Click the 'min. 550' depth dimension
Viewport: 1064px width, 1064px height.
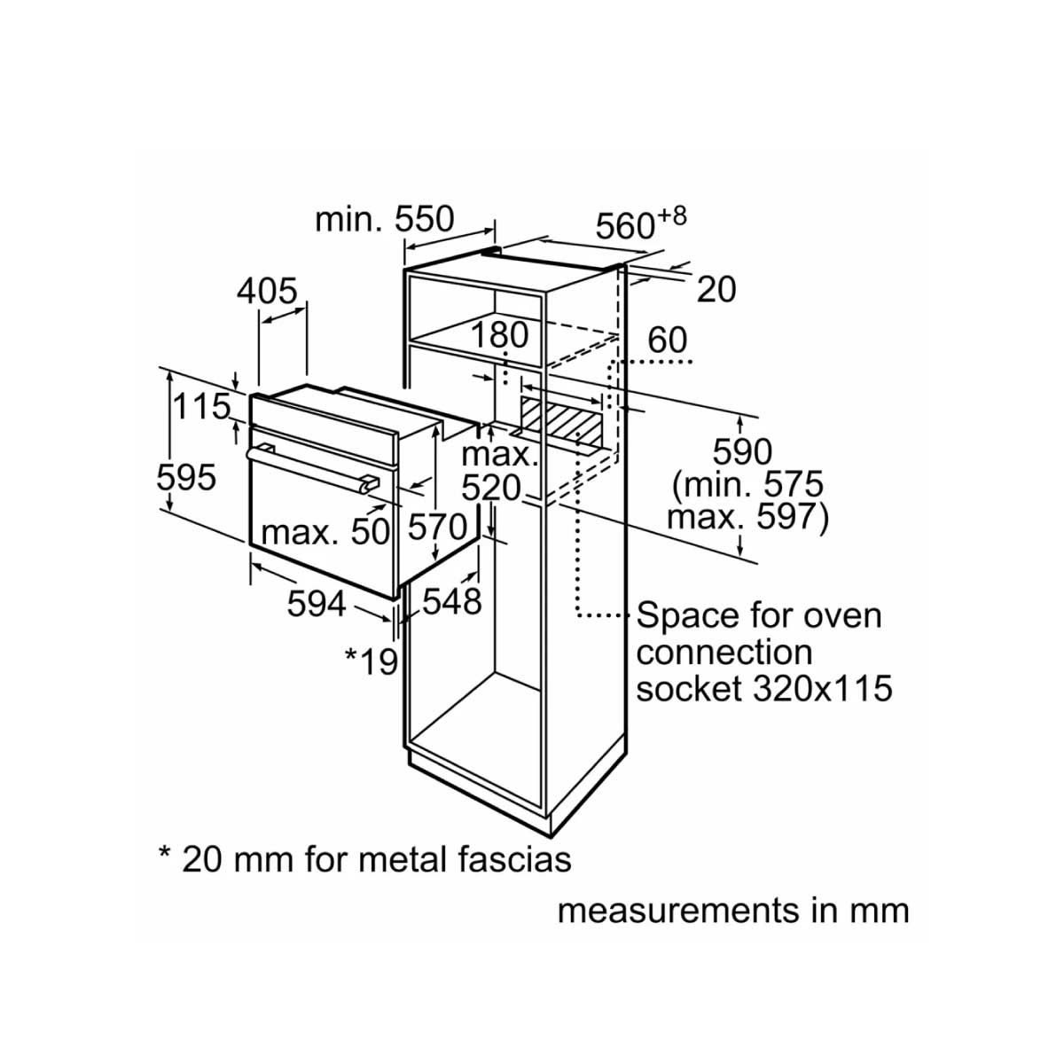[x=384, y=219]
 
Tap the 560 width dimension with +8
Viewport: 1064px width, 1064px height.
[x=641, y=223]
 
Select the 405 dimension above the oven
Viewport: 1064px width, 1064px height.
[x=267, y=291]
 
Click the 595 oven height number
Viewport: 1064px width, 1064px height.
[x=186, y=478]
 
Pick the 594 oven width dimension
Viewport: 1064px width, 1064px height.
[x=317, y=604]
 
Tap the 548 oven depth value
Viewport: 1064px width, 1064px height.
[x=452, y=601]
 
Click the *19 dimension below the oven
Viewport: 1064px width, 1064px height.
[x=371, y=661]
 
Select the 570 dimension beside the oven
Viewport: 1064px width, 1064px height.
[x=438, y=527]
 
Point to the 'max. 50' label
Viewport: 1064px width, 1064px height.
[x=325, y=533]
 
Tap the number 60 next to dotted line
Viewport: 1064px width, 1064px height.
[x=667, y=340]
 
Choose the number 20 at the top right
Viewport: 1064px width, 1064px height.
[x=716, y=290]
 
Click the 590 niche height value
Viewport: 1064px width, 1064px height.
[x=742, y=452]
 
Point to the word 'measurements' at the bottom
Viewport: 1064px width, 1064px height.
[x=679, y=912]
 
